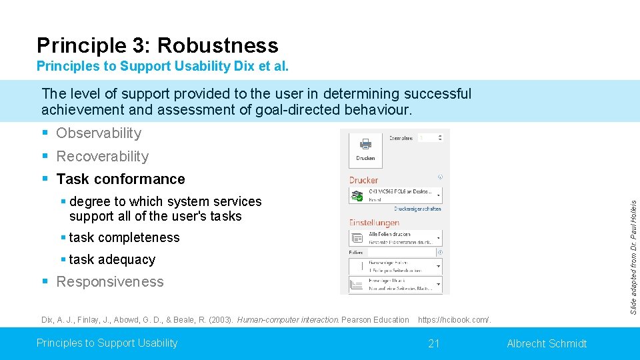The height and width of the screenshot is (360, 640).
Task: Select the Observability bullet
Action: coord(99,133)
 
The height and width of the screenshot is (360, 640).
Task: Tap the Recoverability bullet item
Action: coord(102,157)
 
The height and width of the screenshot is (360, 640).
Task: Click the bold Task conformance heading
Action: coord(121,179)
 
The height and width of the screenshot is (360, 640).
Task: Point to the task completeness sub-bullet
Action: coord(124,238)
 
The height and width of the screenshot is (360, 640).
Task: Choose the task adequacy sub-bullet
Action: coord(112,260)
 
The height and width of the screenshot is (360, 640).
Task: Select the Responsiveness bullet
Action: coord(109,282)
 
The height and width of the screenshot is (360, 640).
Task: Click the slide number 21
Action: coord(434,343)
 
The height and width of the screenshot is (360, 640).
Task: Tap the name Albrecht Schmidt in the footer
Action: coord(547,343)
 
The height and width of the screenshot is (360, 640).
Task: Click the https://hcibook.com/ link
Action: coord(454,320)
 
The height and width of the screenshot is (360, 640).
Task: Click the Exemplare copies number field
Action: coord(430,138)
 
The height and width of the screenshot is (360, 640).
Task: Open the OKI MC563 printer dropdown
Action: coord(395,195)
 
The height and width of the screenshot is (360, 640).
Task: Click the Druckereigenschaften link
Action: coord(417,209)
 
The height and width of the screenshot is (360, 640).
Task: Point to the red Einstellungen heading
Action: coord(374,223)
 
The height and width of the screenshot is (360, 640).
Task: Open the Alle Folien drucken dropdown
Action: coord(395,237)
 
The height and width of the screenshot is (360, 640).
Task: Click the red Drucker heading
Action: coord(363,180)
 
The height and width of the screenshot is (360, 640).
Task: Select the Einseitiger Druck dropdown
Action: coord(395,285)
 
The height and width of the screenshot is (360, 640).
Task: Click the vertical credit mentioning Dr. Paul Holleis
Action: coord(634,257)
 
